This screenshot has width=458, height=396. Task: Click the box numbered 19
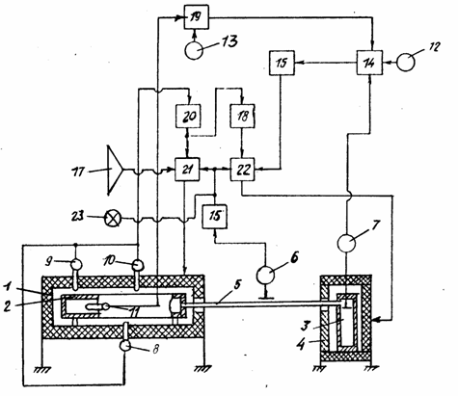point(196,17)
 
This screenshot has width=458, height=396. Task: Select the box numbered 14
point(369,63)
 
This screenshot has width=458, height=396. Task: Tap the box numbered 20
point(188,116)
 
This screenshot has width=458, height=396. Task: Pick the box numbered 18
point(243,116)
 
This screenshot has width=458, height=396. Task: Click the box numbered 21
point(187,170)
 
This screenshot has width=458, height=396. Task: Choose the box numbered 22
point(243,170)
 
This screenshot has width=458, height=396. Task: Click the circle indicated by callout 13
point(194,50)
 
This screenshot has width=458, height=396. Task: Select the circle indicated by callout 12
point(406,62)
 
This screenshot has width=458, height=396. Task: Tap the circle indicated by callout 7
point(346,243)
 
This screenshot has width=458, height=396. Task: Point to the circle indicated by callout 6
point(265,275)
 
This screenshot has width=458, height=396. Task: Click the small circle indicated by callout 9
point(76,265)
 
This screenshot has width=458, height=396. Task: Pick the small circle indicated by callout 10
point(138,265)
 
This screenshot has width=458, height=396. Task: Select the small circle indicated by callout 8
point(124,346)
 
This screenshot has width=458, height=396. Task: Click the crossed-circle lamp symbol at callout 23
point(113,220)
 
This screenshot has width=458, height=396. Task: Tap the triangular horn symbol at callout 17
point(115,170)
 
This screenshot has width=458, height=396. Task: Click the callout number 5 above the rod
point(237,285)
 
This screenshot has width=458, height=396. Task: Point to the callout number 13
point(229,41)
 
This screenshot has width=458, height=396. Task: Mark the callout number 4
point(301,344)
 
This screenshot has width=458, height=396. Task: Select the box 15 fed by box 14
point(282,63)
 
